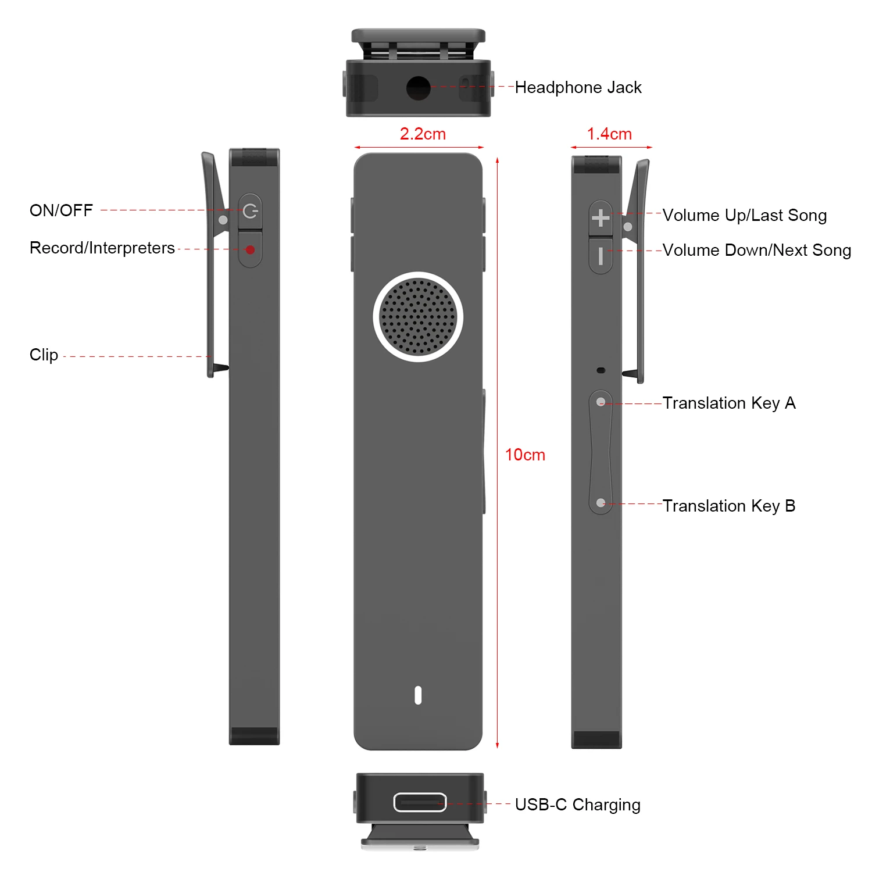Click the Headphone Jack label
coord(578,87)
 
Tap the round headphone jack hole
coord(418,88)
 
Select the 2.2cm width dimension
coord(423,134)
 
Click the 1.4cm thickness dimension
coord(609,134)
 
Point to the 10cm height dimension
coord(525,455)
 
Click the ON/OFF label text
coord(61,210)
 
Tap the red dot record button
coord(250,250)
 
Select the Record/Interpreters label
coord(102,248)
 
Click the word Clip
coord(44,355)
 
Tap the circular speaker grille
coord(418,317)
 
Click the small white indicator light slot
coord(418,695)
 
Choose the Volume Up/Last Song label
coord(744,216)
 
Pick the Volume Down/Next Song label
coord(756,251)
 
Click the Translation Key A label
coord(728,403)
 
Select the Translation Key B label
coord(728,506)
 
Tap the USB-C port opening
coord(420,802)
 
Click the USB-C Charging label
coord(577,805)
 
